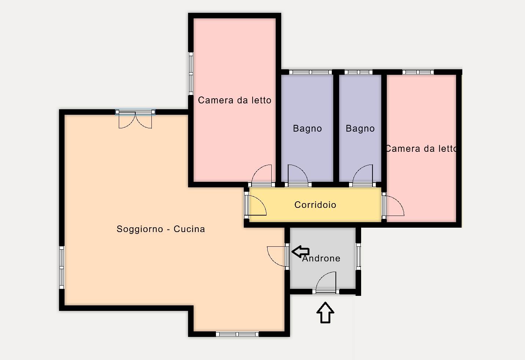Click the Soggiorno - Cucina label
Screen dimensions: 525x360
(x=161, y=229)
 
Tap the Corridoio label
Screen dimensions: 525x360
(x=315, y=205)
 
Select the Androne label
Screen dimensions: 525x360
(x=321, y=258)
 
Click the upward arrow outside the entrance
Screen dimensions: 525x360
(x=325, y=313)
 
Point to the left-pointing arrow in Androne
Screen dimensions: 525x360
(x=301, y=251)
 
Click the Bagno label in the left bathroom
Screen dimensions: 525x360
(x=308, y=128)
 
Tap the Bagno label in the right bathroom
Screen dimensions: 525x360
(x=360, y=128)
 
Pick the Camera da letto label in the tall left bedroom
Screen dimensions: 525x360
(x=235, y=100)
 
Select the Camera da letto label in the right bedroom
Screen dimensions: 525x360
(x=421, y=148)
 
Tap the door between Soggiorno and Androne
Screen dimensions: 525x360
(x=278, y=256)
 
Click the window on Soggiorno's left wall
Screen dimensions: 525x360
(x=62, y=267)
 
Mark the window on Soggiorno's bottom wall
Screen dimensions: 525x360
(x=237, y=334)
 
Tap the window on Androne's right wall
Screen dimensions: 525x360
(x=358, y=257)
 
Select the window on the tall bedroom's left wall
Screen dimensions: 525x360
(x=191, y=74)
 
